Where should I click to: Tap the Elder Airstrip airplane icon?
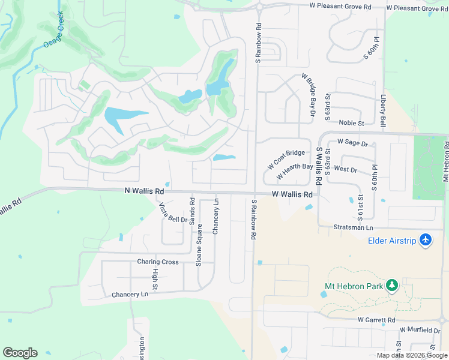426,240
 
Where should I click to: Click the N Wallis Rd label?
144,191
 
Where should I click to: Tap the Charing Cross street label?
157,262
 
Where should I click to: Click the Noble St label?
352,123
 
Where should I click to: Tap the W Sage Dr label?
356,142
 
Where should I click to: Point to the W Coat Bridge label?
286,160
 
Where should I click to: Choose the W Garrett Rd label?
377,320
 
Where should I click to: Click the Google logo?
20,352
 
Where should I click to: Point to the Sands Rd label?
192,211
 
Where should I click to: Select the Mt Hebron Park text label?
353,286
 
